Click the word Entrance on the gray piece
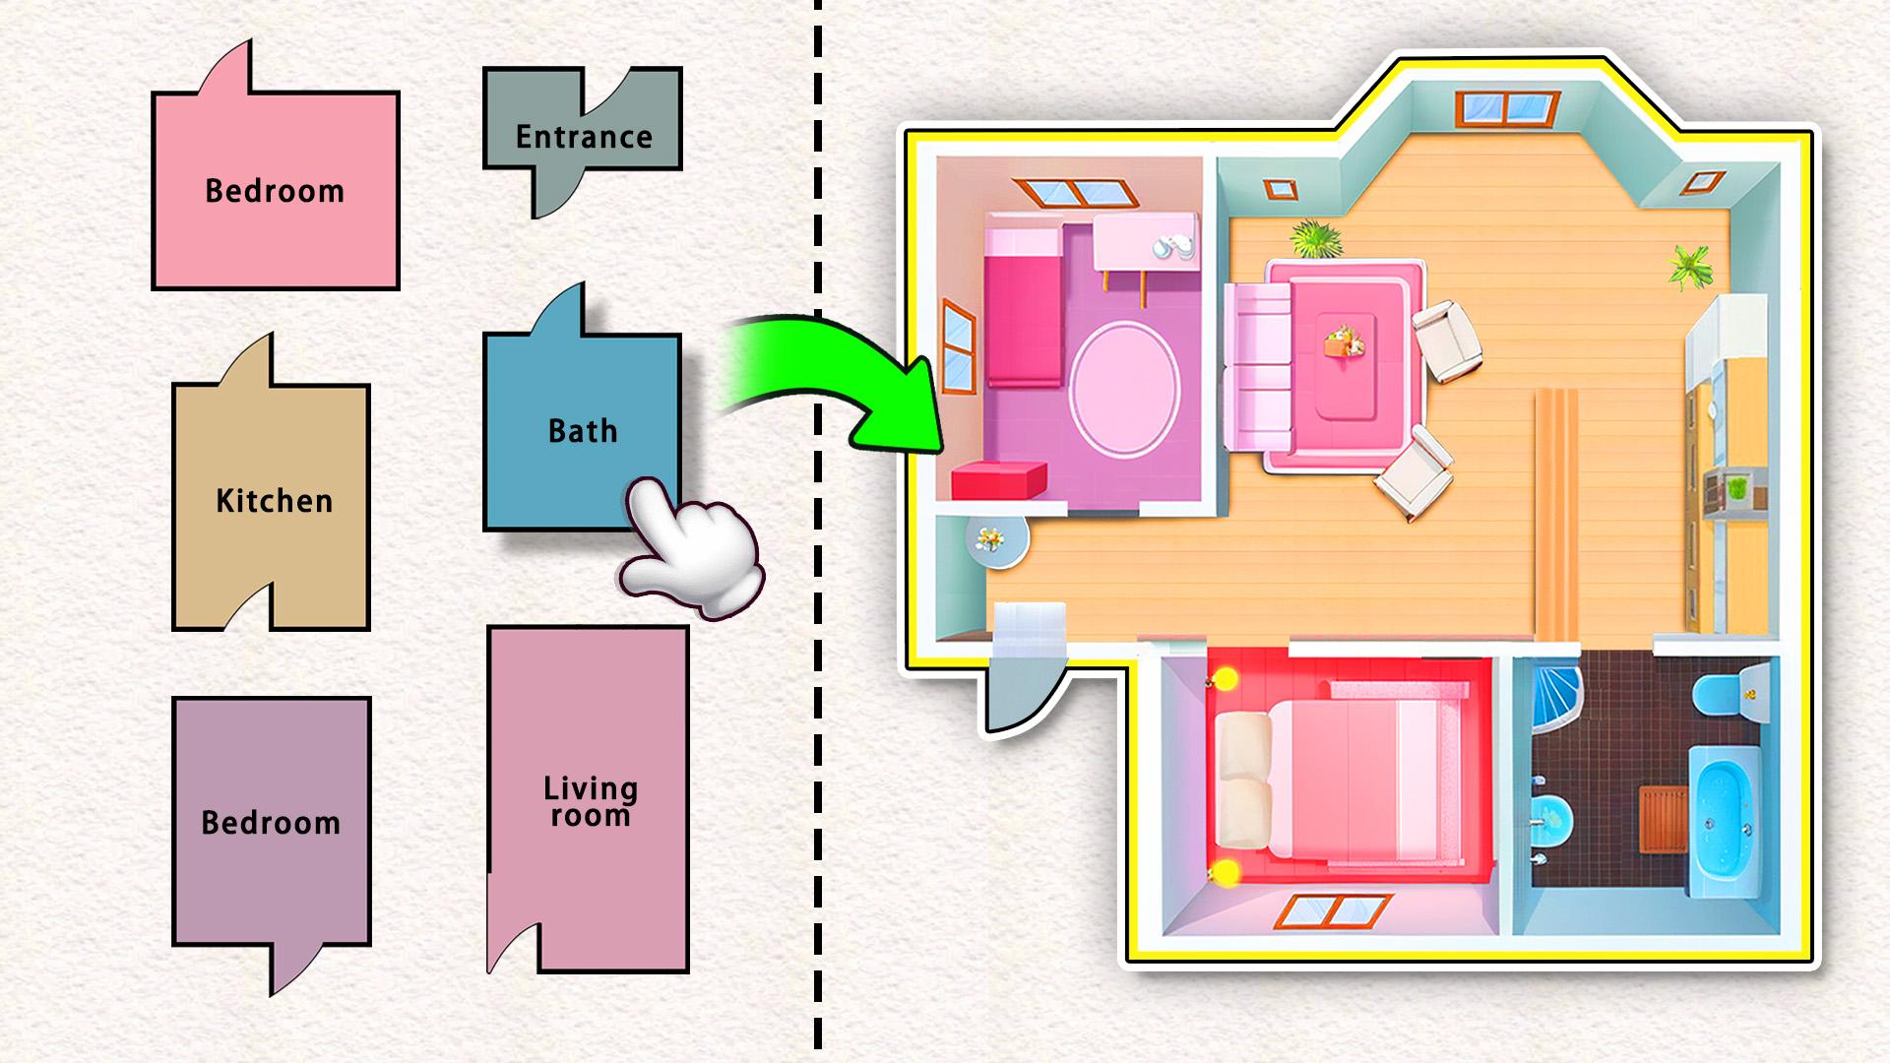(584, 137)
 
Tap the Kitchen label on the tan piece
(275, 501)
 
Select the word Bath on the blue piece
(583, 431)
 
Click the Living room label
(591, 801)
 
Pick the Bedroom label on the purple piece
(271, 823)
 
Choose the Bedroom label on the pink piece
(275, 191)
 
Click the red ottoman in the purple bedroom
(998, 480)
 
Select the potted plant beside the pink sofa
(1316, 238)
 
